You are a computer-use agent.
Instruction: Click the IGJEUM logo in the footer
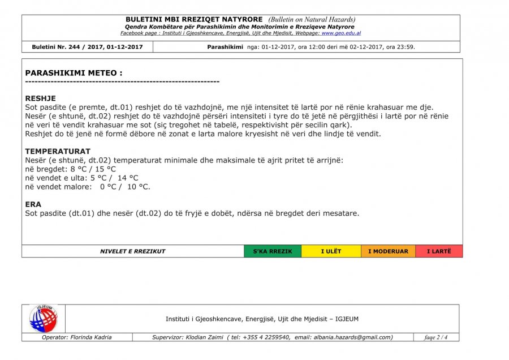[44, 319]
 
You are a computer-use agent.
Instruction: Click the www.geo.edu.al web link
[341, 33]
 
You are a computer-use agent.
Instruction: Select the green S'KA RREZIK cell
[273, 251]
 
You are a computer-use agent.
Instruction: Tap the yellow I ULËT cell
[331, 251]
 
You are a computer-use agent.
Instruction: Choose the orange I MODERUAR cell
[388, 251]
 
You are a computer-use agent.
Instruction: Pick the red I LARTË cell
[439, 251]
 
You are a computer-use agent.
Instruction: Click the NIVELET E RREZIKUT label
[133, 251]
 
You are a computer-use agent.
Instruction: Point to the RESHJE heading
[41, 98]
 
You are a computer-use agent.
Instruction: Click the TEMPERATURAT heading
[58, 152]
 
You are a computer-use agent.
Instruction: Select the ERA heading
[33, 204]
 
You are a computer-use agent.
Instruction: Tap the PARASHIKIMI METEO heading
[74, 73]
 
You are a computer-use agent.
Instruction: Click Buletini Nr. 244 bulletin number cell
[88, 47]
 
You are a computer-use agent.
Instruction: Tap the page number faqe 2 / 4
[436, 337]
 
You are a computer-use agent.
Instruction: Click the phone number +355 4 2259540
[268, 337]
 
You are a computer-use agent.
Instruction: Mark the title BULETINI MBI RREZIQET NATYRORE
[194, 19]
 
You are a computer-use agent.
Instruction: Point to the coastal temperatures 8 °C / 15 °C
[93, 169]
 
